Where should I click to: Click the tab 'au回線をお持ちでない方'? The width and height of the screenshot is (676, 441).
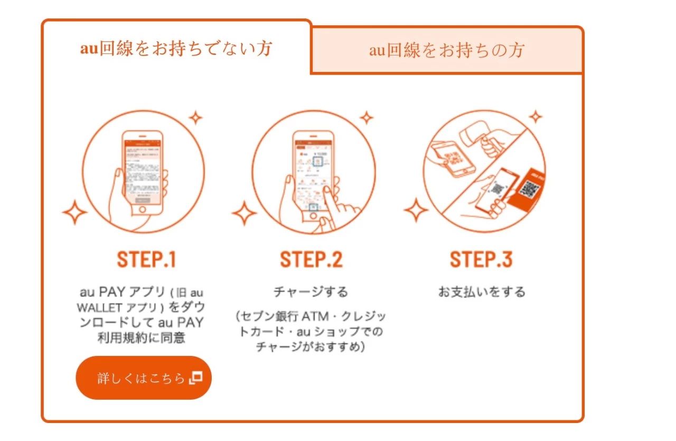[x=176, y=49]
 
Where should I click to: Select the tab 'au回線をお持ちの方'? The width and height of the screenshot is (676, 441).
[x=447, y=50]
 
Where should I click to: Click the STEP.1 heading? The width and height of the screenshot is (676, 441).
[x=146, y=260]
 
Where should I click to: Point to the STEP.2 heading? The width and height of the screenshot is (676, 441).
[x=311, y=260]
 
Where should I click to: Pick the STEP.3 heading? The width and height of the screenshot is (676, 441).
[x=481, y=260]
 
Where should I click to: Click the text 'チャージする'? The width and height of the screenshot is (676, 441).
[x=311, y=291]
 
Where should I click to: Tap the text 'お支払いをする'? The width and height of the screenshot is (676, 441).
[x=481, y=291]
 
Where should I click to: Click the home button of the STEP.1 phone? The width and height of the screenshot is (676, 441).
[x=143, y=210]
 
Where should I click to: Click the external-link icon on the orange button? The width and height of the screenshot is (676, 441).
[x=196, y=378]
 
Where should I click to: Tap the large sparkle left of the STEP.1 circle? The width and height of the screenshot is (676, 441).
[x=74, y=214]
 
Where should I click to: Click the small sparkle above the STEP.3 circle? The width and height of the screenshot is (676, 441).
[x=536, y=116]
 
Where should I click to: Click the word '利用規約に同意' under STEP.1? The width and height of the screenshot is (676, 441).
[x=141, y=338]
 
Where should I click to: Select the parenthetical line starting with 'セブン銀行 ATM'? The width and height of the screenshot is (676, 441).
[x=311, y=317]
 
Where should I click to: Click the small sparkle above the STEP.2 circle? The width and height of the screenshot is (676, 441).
[x=366, y=117]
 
